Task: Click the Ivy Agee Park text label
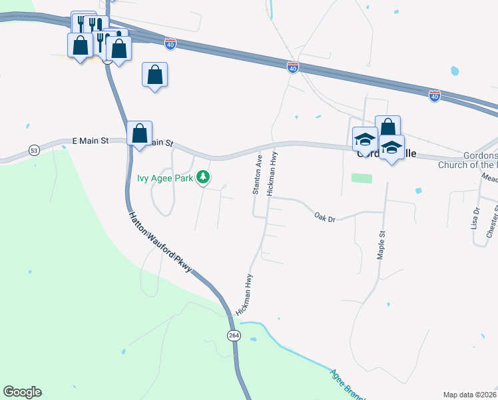[164, 177]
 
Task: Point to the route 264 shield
[233, 334]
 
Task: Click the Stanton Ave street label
[256, 175]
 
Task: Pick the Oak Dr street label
[324, 217]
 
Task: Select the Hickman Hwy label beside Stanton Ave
[272, 173]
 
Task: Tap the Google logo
[22, 392]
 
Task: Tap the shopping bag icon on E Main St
[139, 133]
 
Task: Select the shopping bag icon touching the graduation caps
[387, 127]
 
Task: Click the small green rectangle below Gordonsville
[362, 178]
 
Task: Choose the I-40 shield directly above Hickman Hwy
[293, 67]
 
